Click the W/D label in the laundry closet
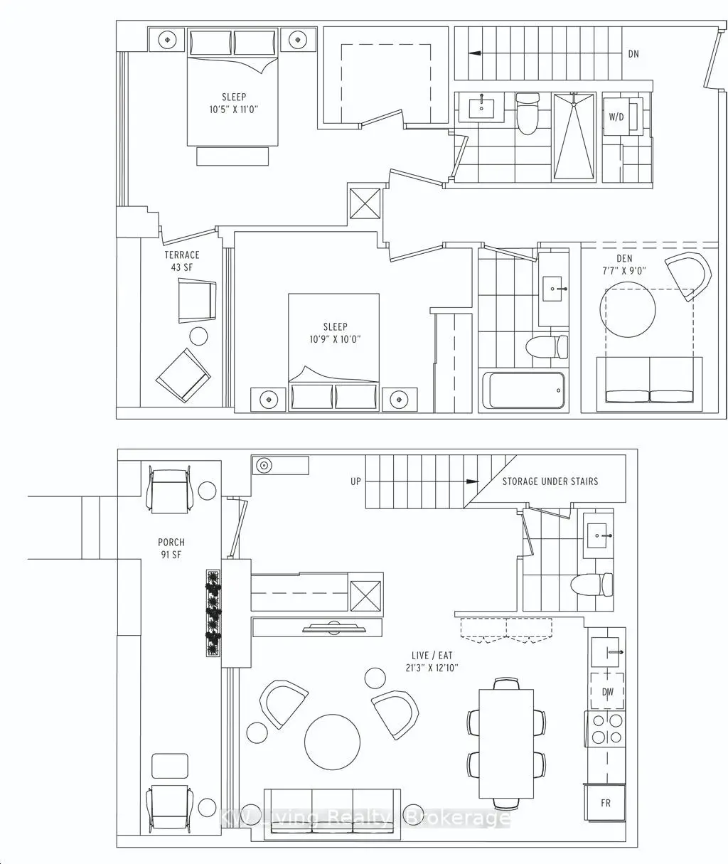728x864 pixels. point(616,117)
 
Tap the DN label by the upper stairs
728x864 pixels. point(633,54)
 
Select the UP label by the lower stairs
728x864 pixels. point(355,481)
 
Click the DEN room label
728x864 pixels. point(624,259)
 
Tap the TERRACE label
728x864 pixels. point(182,255)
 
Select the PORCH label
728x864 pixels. point(171,542)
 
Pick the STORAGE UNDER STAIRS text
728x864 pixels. point(550,481)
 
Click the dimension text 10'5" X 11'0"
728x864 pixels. point(234,110)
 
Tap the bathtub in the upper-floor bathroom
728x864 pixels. point(523,390)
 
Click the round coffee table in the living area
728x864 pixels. point(332,742)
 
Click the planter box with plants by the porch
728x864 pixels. point(213,613)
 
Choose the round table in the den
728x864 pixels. point(628,309)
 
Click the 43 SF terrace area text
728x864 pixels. point(182,267)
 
